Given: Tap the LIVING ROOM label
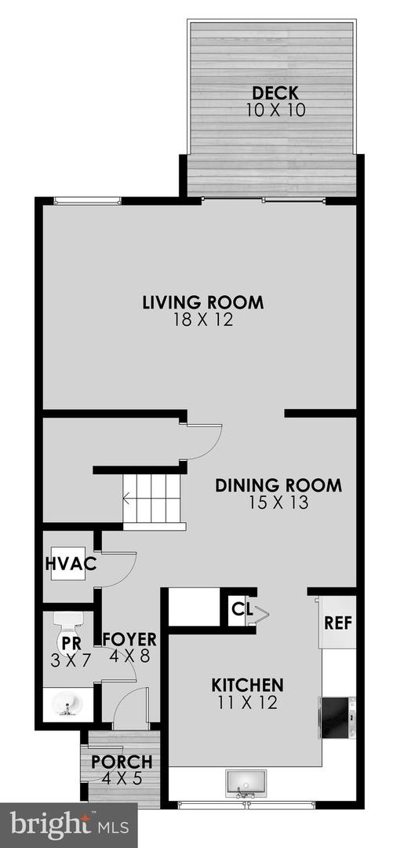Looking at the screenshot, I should click(202, 302).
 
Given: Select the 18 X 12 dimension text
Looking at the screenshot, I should click(202, 320).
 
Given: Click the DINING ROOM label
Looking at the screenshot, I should click(278, 485).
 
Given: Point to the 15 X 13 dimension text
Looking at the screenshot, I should click(278, 503).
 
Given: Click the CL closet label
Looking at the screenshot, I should click(239, 607).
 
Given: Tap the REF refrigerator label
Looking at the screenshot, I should click(337, 623).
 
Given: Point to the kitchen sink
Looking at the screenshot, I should click(246, 783).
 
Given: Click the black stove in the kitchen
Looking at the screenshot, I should click(339, 716).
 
